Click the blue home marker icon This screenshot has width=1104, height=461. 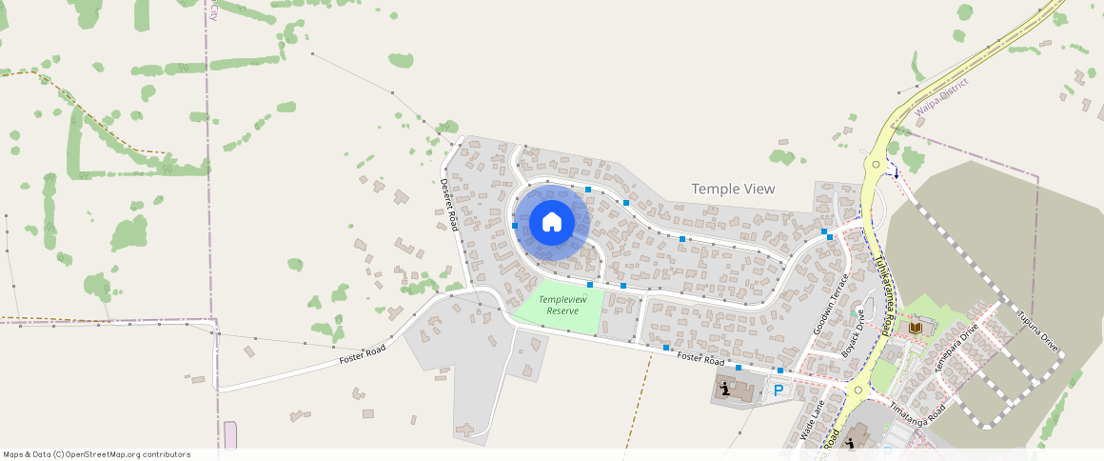(x=552, y=223)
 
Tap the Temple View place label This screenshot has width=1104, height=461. (x=733, y=189)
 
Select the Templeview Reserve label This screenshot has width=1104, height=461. (x=558, y=306)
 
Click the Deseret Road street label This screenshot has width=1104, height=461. (x=450, y=206)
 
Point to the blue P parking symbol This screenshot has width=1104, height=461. (x=779, y=390)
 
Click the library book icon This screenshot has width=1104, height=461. (x=916, y=329)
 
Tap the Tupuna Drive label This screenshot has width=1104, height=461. (x=1037, y=330)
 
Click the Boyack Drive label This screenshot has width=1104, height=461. (x=853, y=333)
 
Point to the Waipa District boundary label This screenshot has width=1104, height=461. (x=941, y=98)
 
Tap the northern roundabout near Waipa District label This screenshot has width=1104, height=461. (x=876, y=164)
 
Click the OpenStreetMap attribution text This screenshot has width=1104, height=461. (x=97, y=454)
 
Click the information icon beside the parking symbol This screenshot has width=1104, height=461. (x=726, y=388)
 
